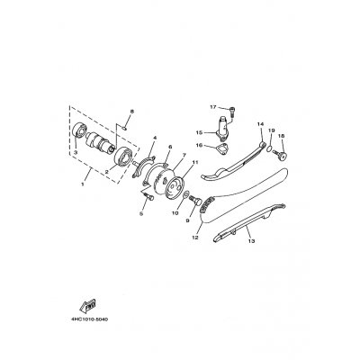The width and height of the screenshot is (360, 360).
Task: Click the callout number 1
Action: (x=83, y=184)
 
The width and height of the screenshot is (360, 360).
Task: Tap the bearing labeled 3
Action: (x=80, y=130)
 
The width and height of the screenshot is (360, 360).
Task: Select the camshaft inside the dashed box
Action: (x=101, y=142)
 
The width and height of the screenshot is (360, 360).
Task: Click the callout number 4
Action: (x=155, y=138)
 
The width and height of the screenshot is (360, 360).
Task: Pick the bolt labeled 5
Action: (x=148, y=196)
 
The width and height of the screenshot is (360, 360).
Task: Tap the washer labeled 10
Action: (x=185, y=195)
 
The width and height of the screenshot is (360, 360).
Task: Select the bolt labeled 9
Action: (x=195, y=200)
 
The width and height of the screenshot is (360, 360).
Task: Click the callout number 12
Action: (x=195, y=238)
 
